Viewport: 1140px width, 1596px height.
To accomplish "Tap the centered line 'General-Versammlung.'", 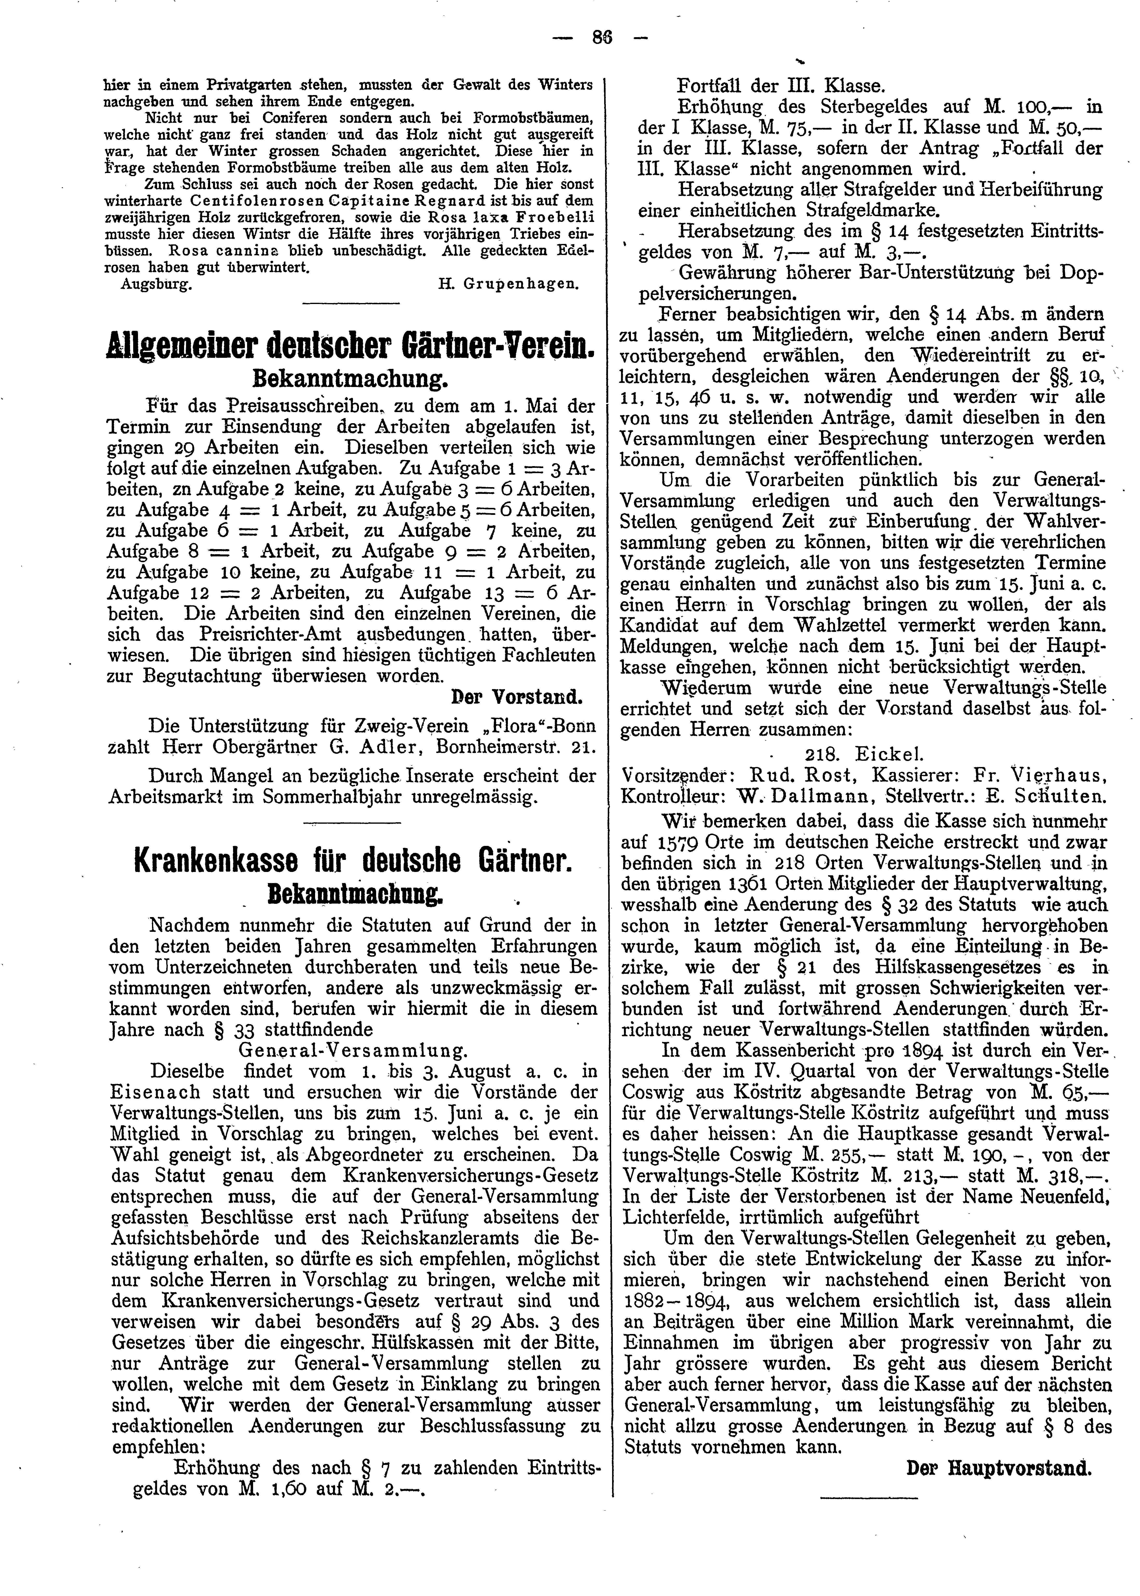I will pyautogui.click(x=353, y=1051).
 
